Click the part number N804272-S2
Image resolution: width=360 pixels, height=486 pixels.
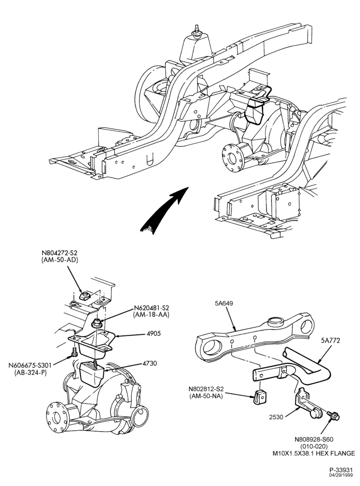pyautogui.click(x=59, y=253)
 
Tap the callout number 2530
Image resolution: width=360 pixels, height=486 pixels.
pyautogui.click(x=276, y=417)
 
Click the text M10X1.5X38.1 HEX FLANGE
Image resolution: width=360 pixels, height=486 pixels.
pyautogui.click(x=313, y=453)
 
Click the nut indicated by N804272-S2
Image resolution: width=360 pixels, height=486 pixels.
pyautogui.click(x=84, y=295)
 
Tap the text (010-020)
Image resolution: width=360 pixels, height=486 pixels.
pyautogui.click(x=313, y=446)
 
